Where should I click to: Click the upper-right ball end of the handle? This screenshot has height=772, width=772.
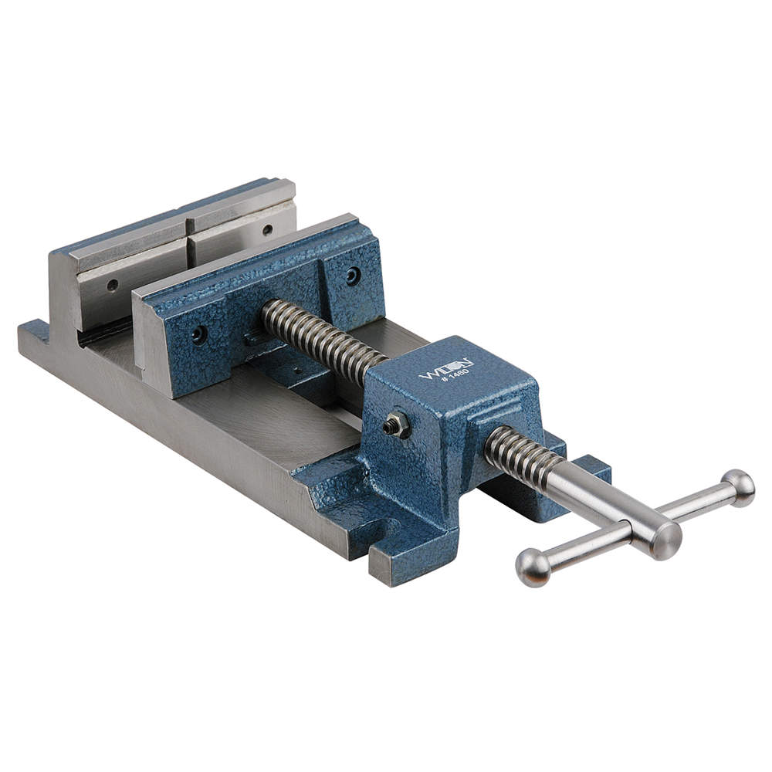(738, 487)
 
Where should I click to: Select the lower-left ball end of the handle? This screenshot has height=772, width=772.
(533, 567)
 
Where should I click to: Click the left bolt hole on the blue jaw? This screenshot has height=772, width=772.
(198, 334)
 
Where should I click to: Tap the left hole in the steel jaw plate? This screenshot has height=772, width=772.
(113, 285)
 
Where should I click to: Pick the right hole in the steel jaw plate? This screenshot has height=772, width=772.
(267, 229)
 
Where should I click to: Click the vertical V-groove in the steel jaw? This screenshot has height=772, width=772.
(188, 247)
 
